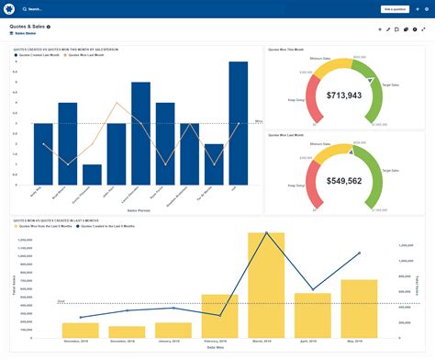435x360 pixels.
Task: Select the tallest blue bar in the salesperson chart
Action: pos(238,124)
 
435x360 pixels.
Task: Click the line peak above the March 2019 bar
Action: pos(266,233)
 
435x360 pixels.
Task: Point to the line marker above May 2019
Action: pos(359,253)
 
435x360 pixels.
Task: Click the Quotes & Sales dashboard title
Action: pos(28,28)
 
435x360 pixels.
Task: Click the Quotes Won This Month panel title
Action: pos(286,48)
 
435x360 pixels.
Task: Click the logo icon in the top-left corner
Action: pos(9,8)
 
